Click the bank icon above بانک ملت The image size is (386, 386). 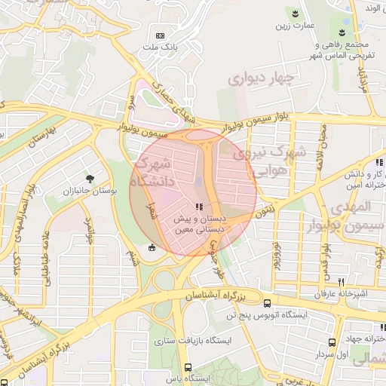click(160, 35)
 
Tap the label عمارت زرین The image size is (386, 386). click(293, 28)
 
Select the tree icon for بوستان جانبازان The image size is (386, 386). click(90, 179)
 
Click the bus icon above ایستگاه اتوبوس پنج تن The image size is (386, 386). click(268, 303)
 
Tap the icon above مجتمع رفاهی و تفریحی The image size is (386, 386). click(342, 32)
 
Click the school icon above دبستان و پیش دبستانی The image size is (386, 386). click(199, 206)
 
